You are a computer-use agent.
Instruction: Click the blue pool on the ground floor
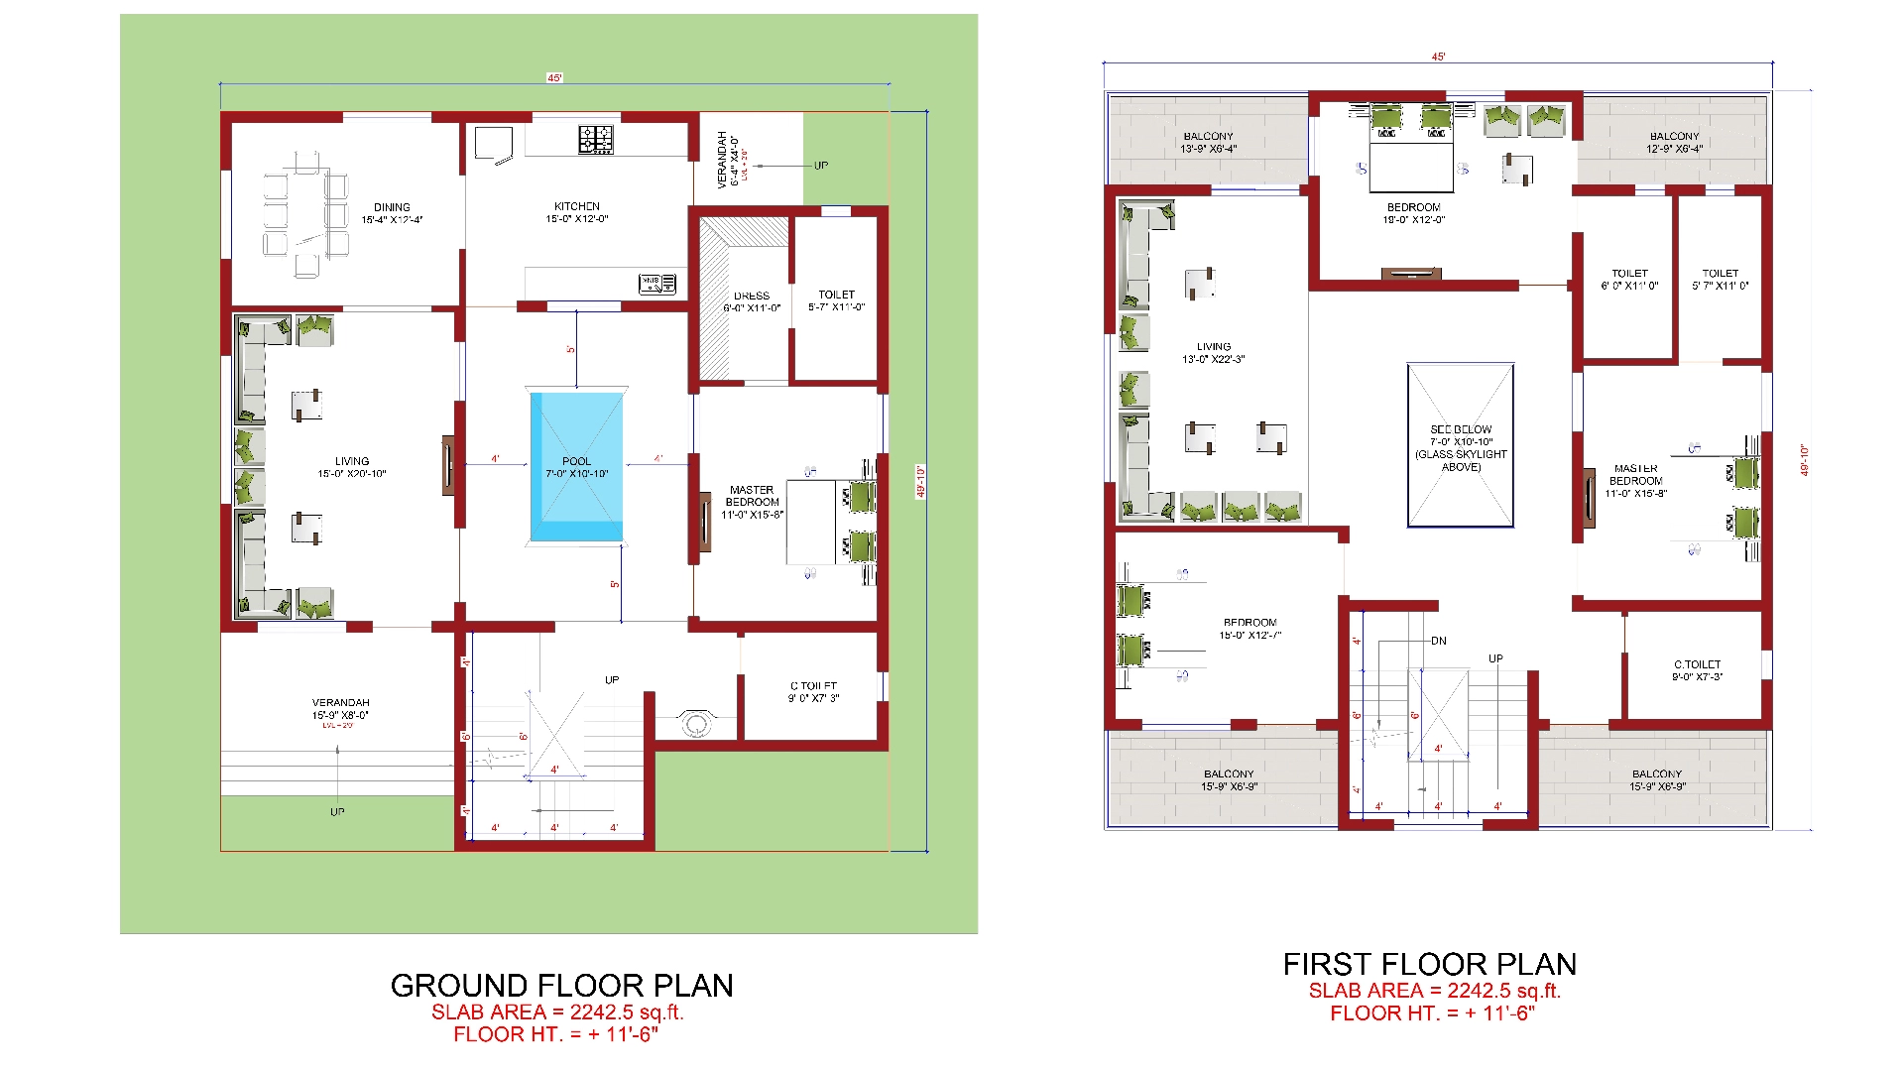tap(576, 466)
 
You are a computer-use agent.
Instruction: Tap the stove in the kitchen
tap(596, 139)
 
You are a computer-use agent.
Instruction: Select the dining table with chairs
tap(306, 213)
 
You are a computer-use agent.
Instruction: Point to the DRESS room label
tap(752, 296)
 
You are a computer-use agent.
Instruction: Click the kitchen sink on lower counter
tap(657, 284)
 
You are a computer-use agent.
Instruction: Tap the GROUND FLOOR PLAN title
tap(561, 985)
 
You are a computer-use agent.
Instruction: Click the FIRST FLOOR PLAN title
tap(1429, 964)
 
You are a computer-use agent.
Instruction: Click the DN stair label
tap(1438, 641)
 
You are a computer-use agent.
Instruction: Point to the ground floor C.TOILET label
tap(813, 686)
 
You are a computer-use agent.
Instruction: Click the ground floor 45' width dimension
tap(554, 77)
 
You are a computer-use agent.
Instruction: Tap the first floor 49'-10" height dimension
tap(1804, 460)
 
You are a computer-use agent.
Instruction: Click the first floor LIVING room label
tap(1213, 347)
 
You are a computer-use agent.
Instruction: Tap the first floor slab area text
tap(1434, 990)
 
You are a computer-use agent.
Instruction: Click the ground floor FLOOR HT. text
tap(555, 1034)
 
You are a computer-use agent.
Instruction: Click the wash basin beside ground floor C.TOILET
tap(694, 723)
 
